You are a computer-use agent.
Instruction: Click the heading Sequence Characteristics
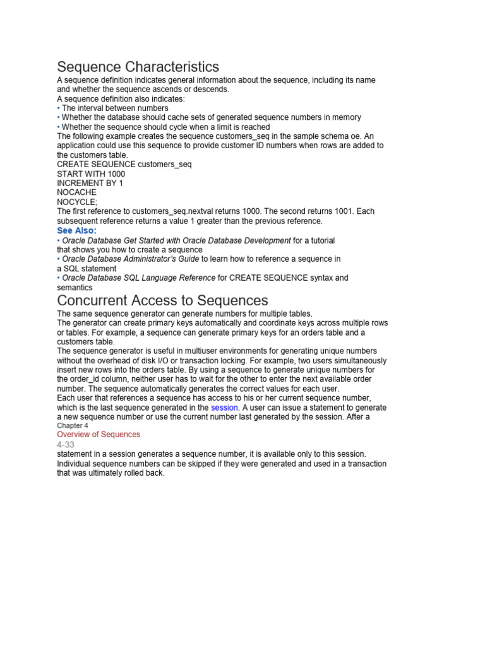click(x=138, y=67)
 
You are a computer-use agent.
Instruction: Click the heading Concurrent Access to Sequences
click(x=163, y=300)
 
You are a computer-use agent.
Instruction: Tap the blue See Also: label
click(x=77, y=231)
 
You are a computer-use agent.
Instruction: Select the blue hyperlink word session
click(x=225, y=408)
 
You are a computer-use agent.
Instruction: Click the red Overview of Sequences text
click(x=99, y=435)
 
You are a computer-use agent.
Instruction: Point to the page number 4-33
click(x=66, y=444)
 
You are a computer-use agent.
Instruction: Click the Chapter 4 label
click(x=73, y=426)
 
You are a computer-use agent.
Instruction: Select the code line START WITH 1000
click(x=91, y=173)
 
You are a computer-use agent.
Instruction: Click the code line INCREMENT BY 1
click(x=90, y=183)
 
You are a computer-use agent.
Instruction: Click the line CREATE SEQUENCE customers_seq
click(x=124, y=164)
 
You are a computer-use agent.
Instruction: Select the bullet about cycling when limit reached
click(x=165, y=127)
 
